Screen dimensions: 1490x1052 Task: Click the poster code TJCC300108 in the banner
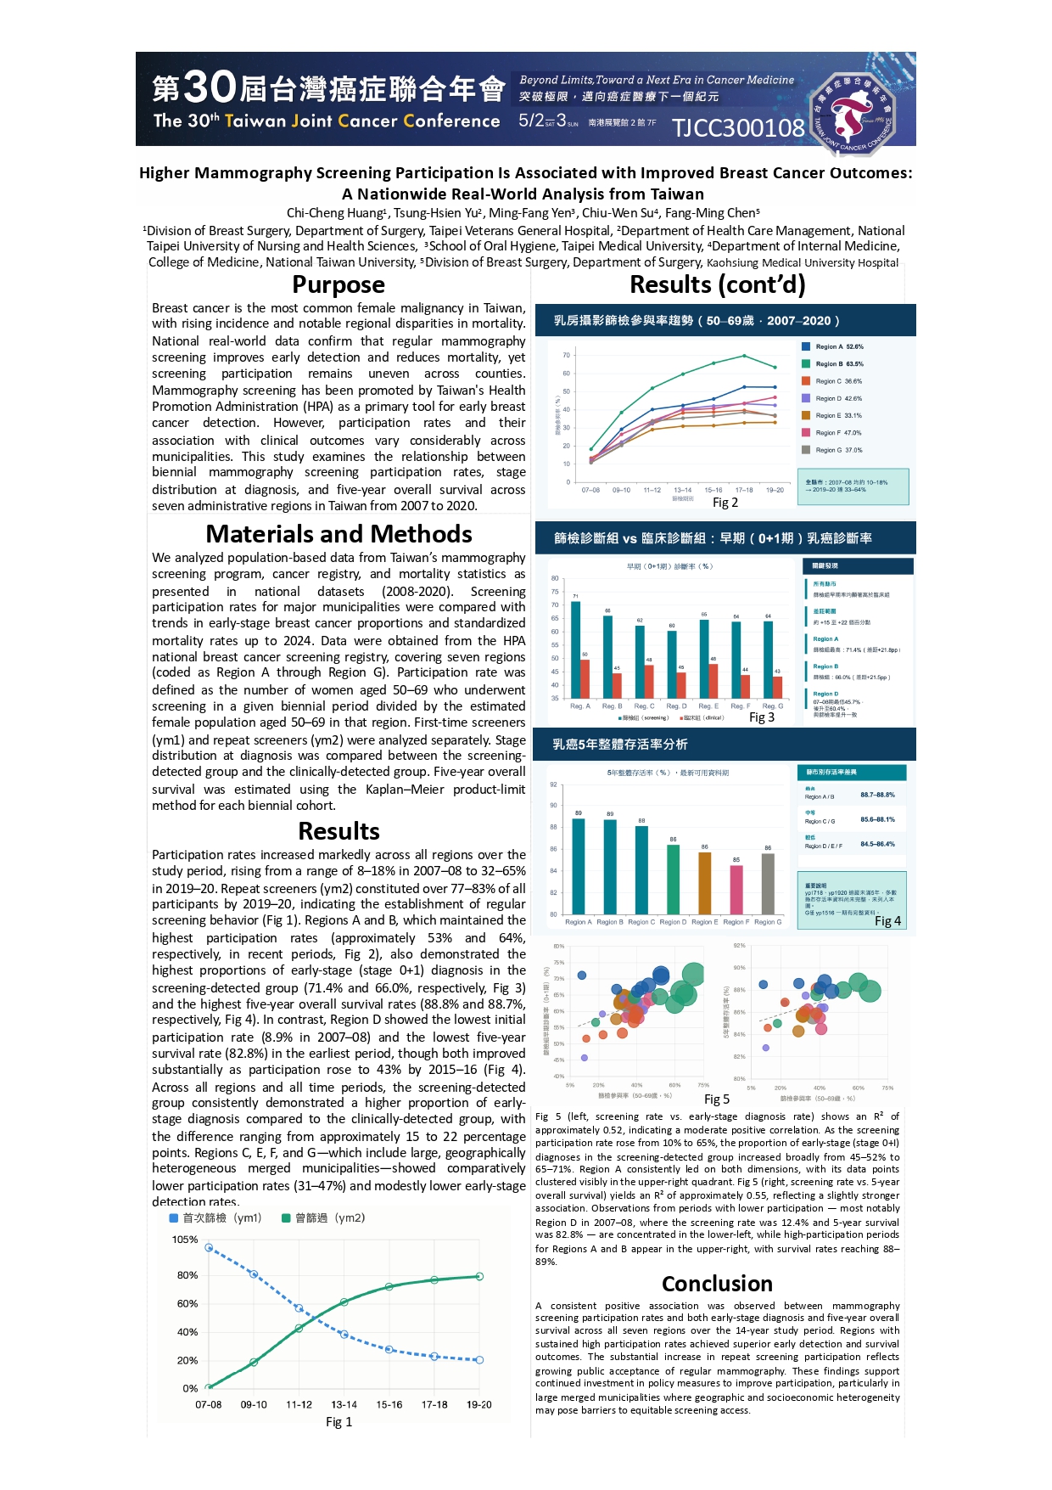(x=737, y=127)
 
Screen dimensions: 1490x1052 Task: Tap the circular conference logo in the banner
(x=853, y=115)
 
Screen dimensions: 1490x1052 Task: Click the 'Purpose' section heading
(x=338, y=284)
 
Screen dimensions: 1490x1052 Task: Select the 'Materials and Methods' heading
(x=338, y=534)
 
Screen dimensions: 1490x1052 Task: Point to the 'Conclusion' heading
(x=717, y=1283)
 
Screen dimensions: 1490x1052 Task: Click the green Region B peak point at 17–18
(x=744, y=356)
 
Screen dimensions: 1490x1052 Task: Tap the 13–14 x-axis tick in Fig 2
(x=682, y=490)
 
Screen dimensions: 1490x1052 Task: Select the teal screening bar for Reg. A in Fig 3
(x=576, y=649)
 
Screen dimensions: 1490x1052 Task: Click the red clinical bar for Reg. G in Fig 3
(x=778, y=688)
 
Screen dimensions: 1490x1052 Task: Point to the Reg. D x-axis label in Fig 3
(x=676, y=706)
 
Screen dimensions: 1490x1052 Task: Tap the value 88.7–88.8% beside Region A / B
(x=877, y=796)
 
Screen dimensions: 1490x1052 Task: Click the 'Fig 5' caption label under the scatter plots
(x=716, y=1099)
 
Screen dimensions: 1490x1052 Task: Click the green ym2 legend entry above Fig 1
(x=323, y=1217)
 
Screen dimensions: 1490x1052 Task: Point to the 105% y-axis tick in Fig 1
(x=185, y=1240)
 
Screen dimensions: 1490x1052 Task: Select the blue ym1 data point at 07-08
(x=209, y=1248)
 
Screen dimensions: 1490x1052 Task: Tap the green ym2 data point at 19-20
(x=479, y=1276)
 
